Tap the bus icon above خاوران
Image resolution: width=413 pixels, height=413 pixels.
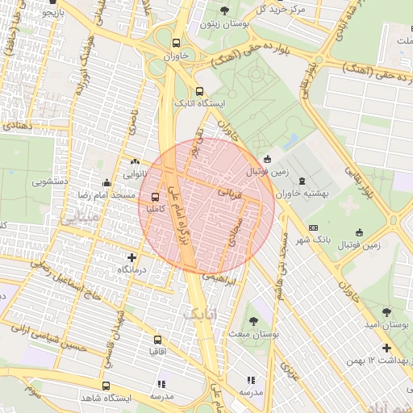(176, 44)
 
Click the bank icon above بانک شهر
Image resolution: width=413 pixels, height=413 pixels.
(313, 227)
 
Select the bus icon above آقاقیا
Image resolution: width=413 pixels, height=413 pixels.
(158, 340)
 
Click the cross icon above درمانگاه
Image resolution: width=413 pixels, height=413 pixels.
(131, 257)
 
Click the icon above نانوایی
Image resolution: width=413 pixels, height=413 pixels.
(135, 161)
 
